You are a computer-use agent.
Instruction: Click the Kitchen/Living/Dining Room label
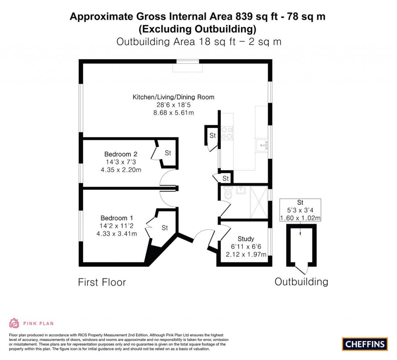173,97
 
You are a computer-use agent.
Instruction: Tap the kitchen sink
262,145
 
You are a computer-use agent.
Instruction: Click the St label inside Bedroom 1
165,228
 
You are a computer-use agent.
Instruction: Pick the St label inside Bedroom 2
168,153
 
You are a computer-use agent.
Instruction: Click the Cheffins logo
365,344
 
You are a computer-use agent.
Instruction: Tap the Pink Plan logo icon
14,323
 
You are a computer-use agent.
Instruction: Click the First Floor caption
102,282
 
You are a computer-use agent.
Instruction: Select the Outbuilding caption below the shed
301,281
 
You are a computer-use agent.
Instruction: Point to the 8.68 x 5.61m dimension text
173,112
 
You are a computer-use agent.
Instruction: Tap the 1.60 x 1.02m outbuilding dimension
300,218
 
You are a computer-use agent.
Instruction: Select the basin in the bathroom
240,190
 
